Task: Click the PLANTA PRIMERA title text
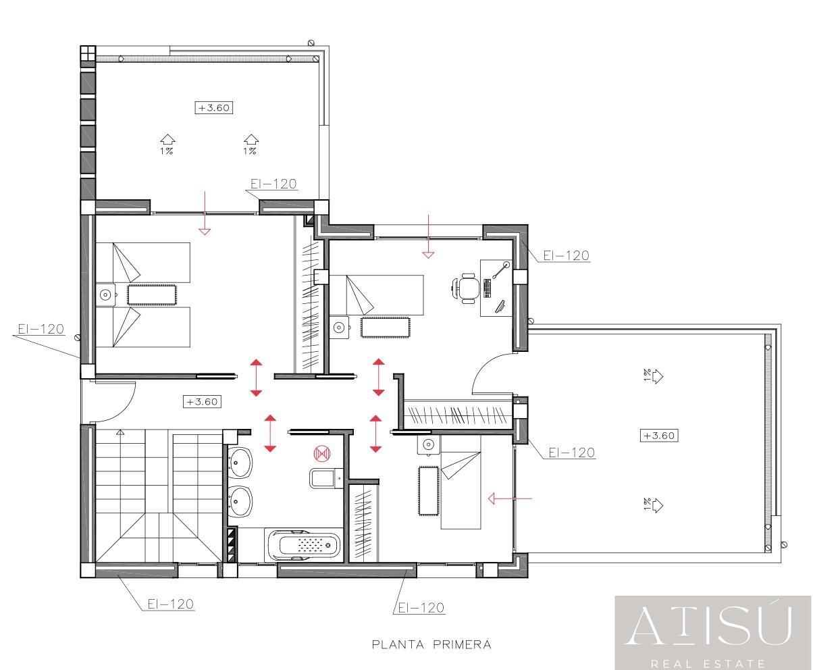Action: point(431,645)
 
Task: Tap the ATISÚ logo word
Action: point(708,628)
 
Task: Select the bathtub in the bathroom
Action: point(303,545)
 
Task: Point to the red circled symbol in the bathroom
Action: point(322,454)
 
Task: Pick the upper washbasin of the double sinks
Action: point(240,462)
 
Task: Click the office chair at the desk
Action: point(466,288)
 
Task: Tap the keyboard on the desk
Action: point(487,288)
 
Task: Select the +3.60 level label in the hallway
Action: point(202,402)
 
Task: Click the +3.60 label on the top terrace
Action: point(214,107)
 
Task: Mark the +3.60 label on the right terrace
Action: point(659,435)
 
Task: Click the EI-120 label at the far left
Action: point(41,329)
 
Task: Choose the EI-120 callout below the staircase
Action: point(171,604)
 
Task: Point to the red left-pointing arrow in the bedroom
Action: point(510,498)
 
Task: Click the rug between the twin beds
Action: point(152,295)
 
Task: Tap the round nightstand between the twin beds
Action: point(105,295)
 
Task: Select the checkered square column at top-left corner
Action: point(88,53)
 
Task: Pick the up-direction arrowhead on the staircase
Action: point(120,432)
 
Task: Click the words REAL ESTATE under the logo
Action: point(708,663)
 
